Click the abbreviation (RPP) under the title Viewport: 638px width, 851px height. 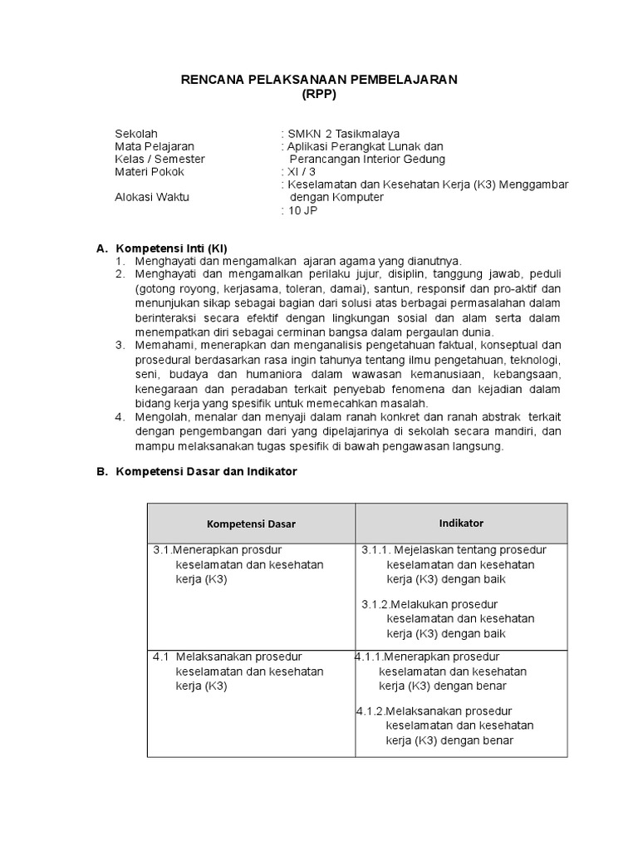coord(319,94)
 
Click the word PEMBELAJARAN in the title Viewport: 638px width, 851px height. coord(399,79)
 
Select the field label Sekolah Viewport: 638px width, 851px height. coord(135,133)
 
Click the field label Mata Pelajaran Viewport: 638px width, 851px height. coord(154,146)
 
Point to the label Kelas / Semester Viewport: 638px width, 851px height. coord(159,159)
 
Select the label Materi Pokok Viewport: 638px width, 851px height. coord(150,172)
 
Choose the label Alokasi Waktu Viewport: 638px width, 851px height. coord(152,198)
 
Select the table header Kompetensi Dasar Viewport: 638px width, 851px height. coord(251,524)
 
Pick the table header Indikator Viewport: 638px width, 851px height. coord(461,523)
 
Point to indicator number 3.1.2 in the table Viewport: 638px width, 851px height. coord(375,604)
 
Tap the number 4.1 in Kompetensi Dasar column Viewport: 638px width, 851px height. coord(161,657)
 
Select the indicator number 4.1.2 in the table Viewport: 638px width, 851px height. coord(369,711)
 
